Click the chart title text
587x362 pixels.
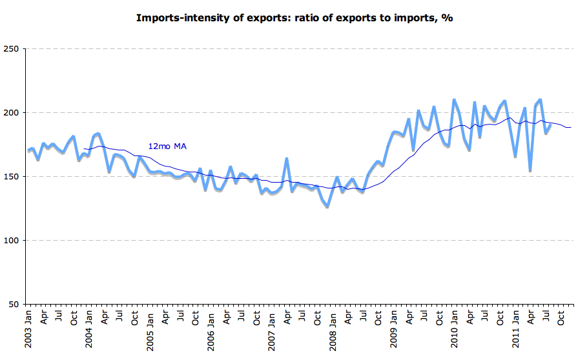click(294, 17)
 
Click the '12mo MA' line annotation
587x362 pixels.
click(168, 146)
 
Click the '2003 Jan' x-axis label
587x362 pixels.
click(28, 329)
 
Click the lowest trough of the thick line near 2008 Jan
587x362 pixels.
click(327, 206)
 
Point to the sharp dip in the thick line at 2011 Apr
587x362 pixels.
click(530, 171)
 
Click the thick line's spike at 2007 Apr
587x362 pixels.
click(287, 158)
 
